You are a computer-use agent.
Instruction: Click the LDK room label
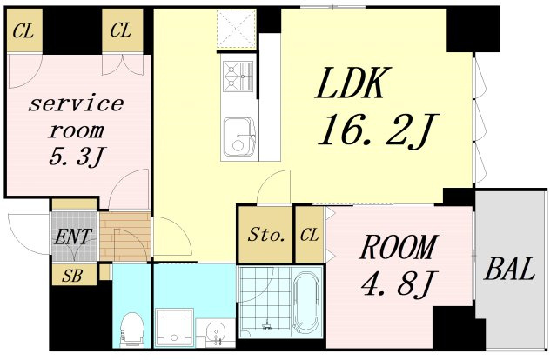tap(351, 83)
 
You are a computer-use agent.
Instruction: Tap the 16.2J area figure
tap(379, 130)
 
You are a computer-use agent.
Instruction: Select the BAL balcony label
tap(510, 269)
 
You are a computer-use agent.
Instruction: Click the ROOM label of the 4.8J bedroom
tap(398, 248)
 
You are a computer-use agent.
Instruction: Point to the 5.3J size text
tap(77, 157)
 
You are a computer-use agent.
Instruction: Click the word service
tap(76, 103)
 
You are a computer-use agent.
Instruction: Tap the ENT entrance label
tap(72, 237)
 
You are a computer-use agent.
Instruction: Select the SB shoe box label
tap(72, 276)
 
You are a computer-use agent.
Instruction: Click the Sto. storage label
tap(266, 234)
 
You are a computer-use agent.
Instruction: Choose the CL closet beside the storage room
tap(310, 235)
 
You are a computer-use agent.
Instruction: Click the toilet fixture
tap(132, 330)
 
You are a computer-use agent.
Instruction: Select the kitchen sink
tap(239, 138)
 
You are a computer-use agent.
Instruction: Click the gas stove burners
tap(238, 77)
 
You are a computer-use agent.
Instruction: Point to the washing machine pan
tap(174, 327)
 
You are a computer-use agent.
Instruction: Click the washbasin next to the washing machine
tap(215, 332)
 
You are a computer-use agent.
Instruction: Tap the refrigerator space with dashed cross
tap(237, 29)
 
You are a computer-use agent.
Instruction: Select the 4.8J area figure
tap(397, 283)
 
